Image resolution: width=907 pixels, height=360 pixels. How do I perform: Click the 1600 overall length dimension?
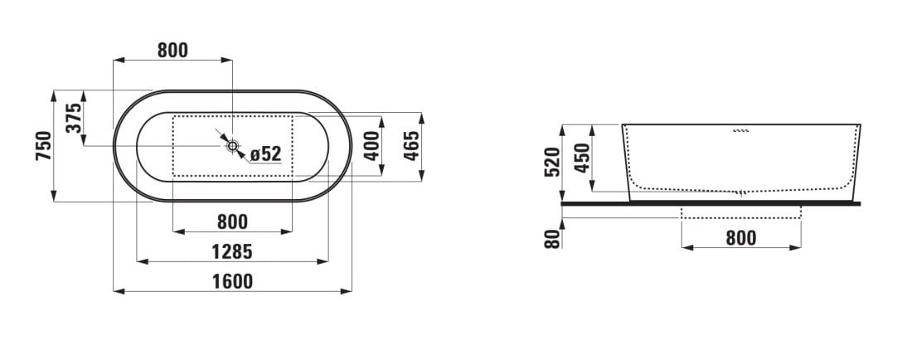pyautogui.click(x=232, y=281)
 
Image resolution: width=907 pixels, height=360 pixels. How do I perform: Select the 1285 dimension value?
pyautogui.click(x=232, y=252)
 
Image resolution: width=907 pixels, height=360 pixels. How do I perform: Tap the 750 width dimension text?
pyautogui.click(x=43, y=145)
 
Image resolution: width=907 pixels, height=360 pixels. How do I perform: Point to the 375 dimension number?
pyautogui.click(x=74, y=118)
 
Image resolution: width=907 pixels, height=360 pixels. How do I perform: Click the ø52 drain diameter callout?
pyautogui.click(x=266, y=153)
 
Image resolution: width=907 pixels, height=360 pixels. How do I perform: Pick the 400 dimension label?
pyautogui.click(x=371, y=146)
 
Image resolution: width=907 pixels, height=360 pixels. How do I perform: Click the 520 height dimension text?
pyautogui.click(x=552, y=162)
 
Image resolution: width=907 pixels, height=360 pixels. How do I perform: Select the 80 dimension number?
pyautogui.click(x=552, y=238)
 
